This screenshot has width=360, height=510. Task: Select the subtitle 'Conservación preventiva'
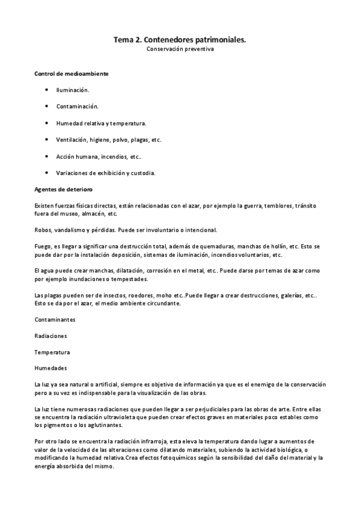point(180,49)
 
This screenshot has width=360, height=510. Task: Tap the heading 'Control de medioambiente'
point(63,73)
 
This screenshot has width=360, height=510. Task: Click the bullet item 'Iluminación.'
point(73,90)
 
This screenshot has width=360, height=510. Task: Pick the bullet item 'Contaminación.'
point(77,106)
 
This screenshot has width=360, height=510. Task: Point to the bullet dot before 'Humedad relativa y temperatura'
point(47,123)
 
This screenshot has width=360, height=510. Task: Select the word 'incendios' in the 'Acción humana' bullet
point(115,156)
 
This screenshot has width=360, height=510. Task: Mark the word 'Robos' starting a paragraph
point(43,230)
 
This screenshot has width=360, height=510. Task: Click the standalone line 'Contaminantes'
point(55,319)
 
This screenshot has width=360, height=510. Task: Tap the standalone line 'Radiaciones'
point(51,336)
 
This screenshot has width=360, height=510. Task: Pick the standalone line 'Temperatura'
point(52,352)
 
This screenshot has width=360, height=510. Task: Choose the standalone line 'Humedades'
point(50,367)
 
